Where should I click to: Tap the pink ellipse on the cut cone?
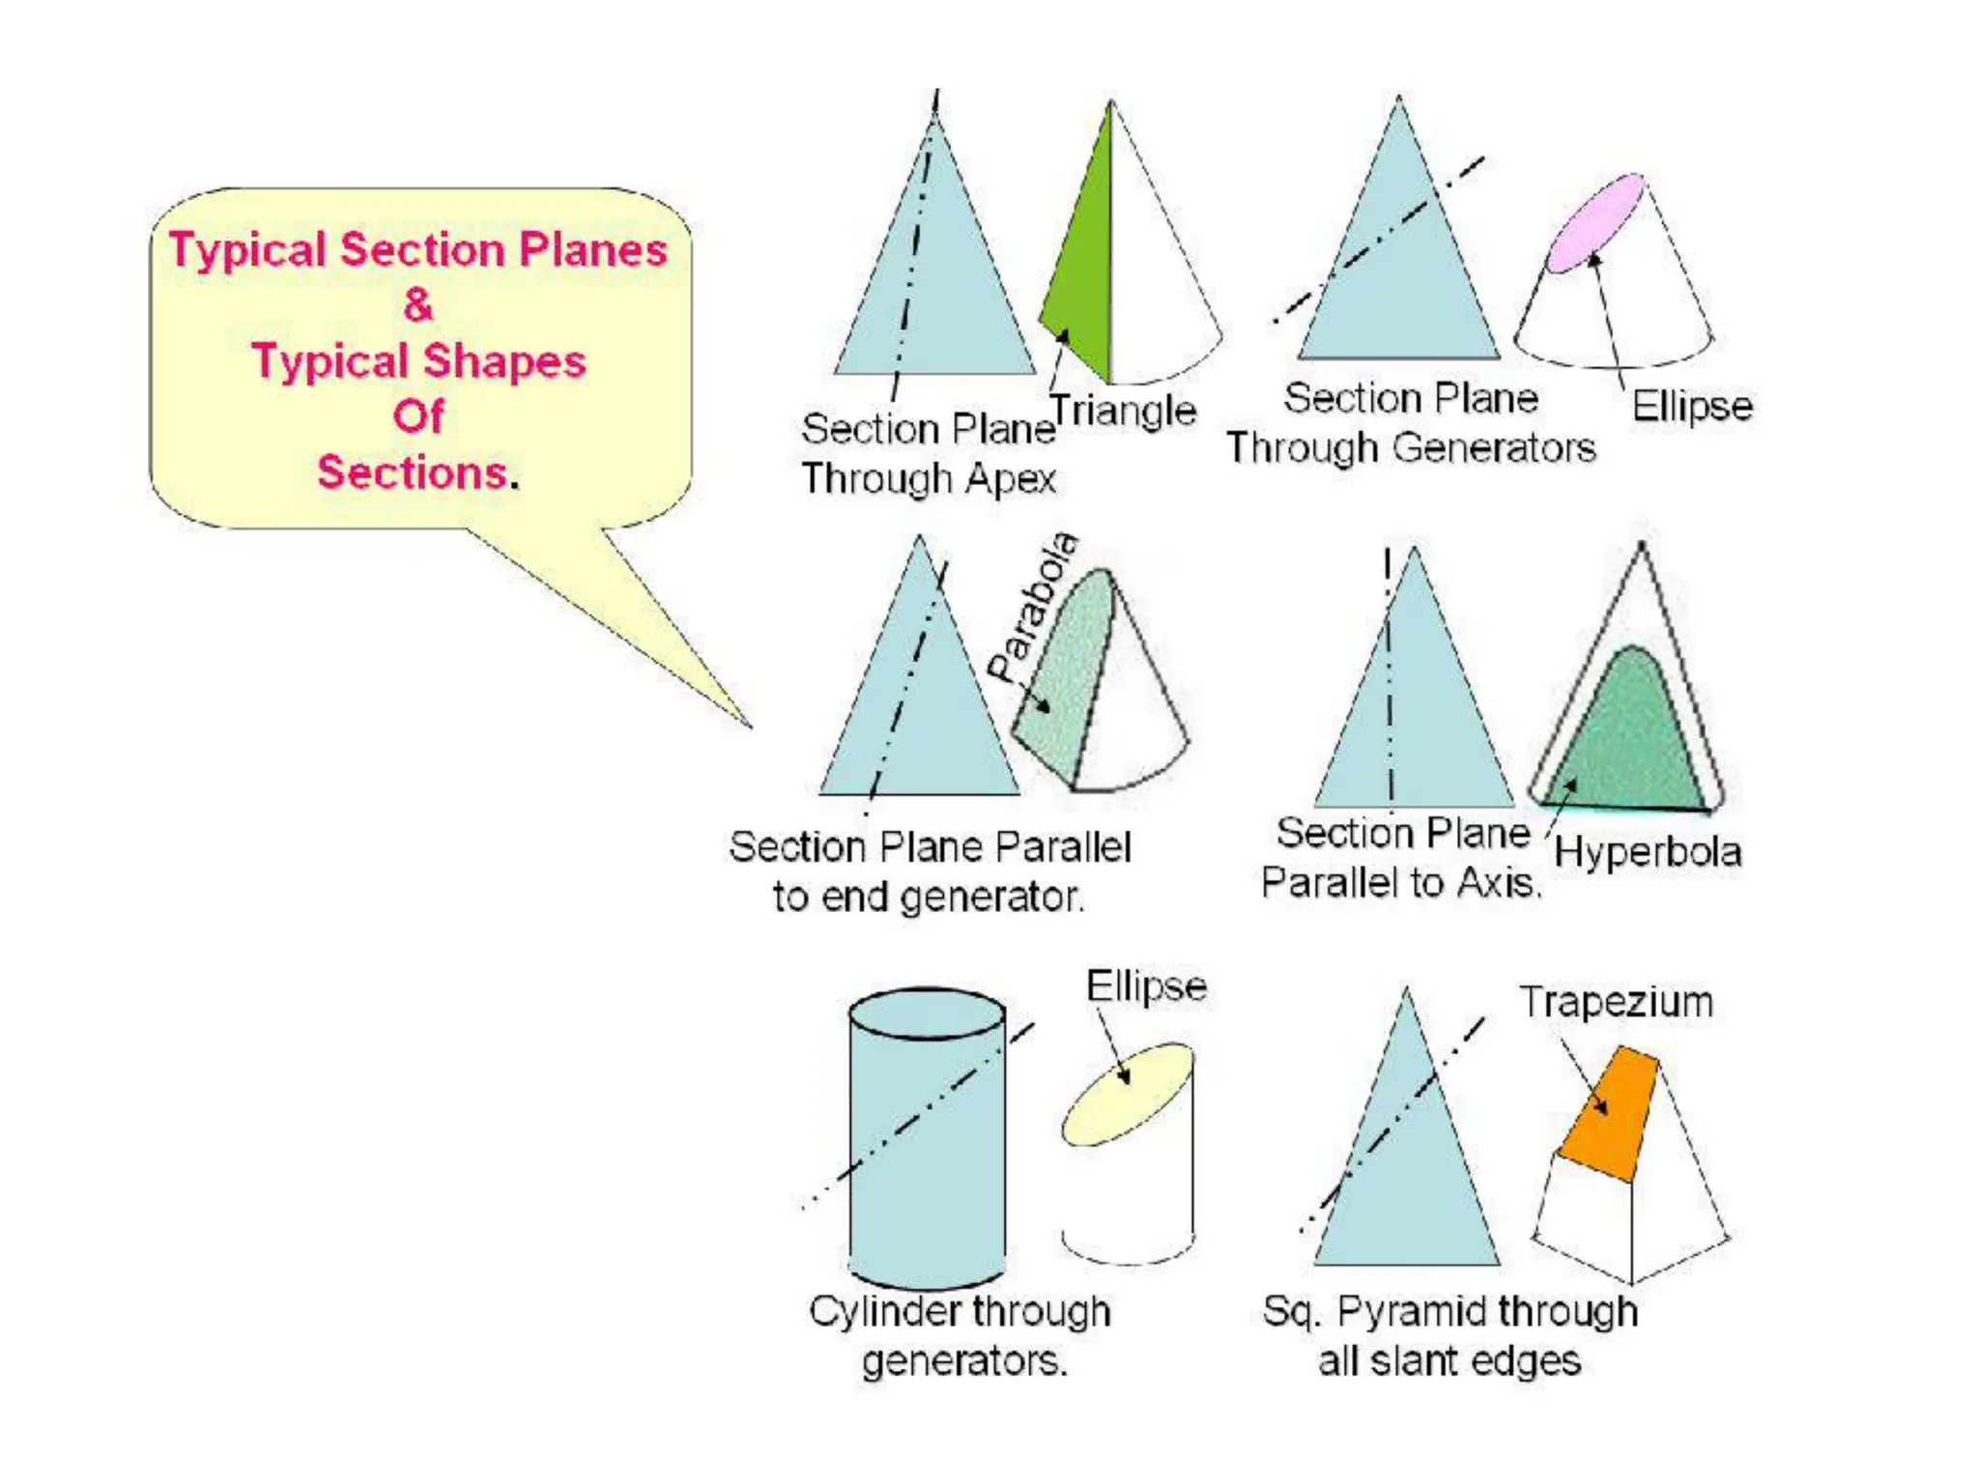point(1594,223)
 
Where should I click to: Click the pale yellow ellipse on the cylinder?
point(1128,1094)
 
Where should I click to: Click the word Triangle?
point(1123,411)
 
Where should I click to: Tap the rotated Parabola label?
point(1033,606)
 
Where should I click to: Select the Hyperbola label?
point(1648,852)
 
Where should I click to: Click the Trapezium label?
point(1617,1002)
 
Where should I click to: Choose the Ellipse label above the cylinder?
point(1146,986)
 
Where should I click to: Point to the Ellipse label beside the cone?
point(1692,406)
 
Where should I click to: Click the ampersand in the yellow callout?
point(418,305)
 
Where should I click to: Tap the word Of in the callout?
point(418,416)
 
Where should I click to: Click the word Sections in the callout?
point(413,472)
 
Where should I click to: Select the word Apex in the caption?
point(1011,478)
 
